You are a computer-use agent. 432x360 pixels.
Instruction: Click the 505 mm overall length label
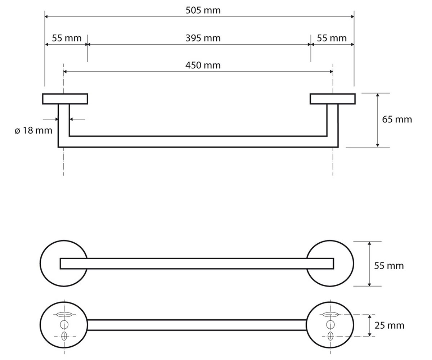pyautogui.click(x=203, y=10)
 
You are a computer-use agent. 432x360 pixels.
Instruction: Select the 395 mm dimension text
pyautogui.click(x=203, y=38)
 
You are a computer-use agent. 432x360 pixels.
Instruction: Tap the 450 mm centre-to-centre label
pyautogui.click(x=203, y=66)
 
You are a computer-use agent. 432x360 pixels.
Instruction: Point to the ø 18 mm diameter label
pyautogui.click(x=33, y=131)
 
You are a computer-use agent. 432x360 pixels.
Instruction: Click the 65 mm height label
pyautogui.click(x=397, y=120)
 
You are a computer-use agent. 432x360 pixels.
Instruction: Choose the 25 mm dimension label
pyautogui.click(x=390, y=325)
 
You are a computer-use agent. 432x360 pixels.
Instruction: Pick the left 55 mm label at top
pyautogui.click(x=67, y=38)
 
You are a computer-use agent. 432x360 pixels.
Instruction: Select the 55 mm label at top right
pyautogui.click(x=332, y=38)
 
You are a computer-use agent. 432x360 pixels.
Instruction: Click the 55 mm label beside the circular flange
pyautogui.click(x=389, y=266)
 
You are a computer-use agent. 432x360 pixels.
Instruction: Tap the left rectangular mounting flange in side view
pyautogui.click(x=65, y=99)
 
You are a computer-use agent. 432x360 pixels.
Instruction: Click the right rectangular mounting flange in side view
pyautogui.click(x=333, y=99)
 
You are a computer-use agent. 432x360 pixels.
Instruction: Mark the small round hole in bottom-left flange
pyautogui.click(x=64, y=325)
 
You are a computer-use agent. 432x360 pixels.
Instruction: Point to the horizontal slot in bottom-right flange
pyautogui.click(x=330, y=315)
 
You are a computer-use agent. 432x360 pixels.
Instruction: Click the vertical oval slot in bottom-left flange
pyautogui.click(x=64, y=336)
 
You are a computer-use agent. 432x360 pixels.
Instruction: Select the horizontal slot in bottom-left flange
pyautogui.click(x=64, y=315)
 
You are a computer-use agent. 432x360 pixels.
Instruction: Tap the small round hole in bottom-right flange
pyautogui.click(x=330, y=325)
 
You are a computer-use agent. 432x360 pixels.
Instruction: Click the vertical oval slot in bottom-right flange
pyautogui.click(x=330, y=336)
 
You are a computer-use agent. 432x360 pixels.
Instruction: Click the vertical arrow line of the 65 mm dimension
pyautogui.click(x=378, y=120)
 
